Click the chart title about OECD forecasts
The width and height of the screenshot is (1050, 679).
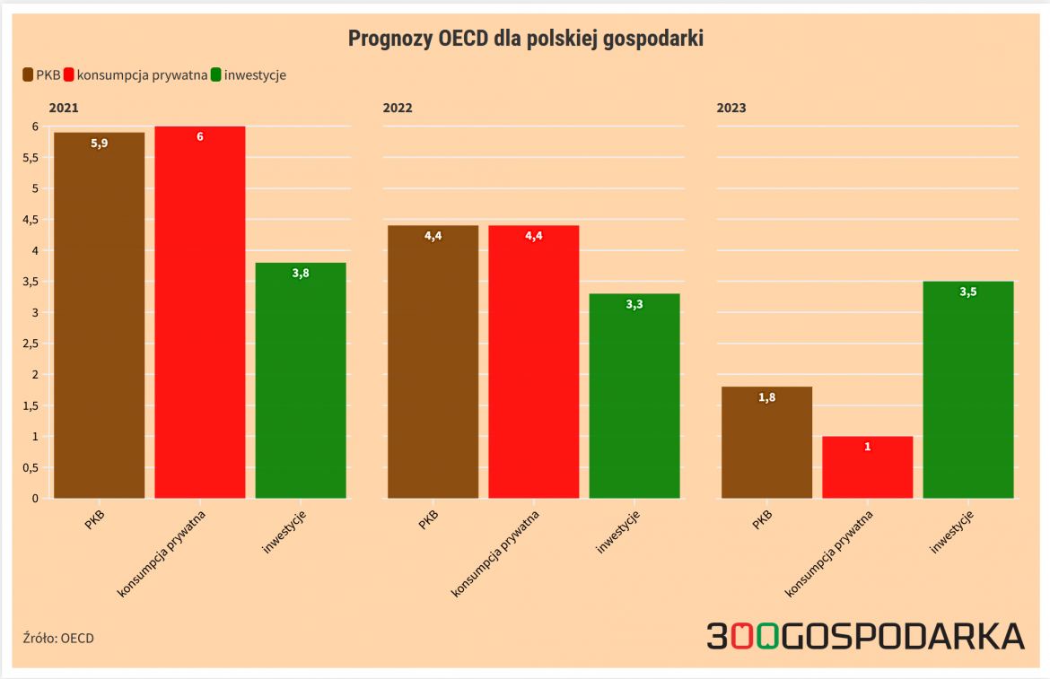point(525,39)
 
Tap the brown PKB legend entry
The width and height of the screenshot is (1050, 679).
point(40,75)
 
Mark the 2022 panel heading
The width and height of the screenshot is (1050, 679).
point(398,108)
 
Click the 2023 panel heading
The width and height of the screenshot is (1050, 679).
point(731,108)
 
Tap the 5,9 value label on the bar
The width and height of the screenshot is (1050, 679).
point(99,143)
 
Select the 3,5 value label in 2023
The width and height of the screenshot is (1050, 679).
point(968,292)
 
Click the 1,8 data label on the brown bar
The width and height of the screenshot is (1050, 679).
point(766,397)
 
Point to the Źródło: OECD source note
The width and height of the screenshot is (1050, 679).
point(58,639)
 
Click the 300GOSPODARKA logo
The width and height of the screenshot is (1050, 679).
point(865,635)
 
